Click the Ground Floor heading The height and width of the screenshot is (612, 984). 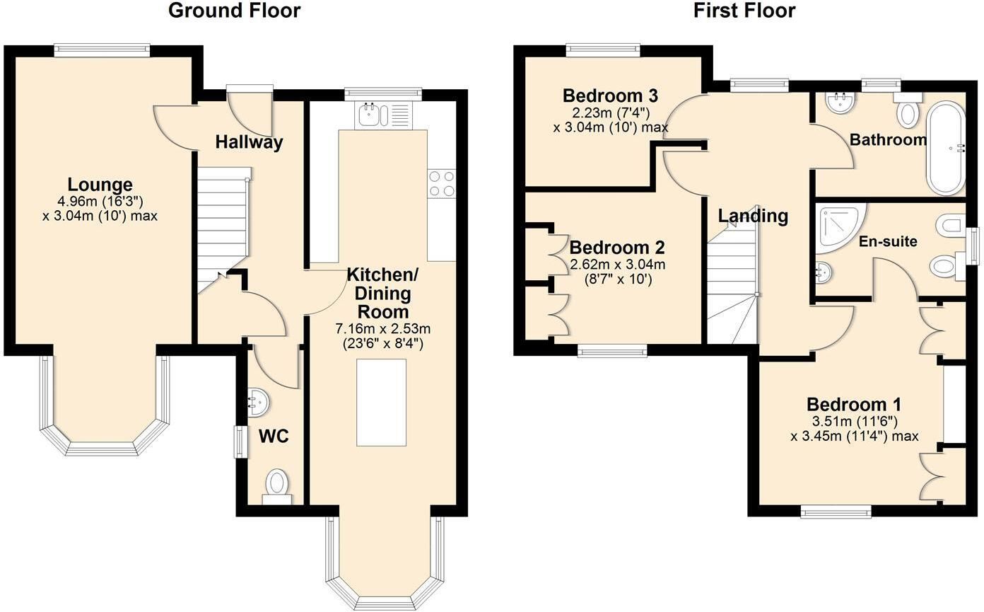coord(234,11)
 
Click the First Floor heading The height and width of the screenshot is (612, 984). coord(744,11)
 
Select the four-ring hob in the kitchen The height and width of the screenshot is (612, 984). coord(442,183)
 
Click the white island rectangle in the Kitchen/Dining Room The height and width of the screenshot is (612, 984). coord(381,403)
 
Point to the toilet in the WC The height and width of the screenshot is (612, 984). coord(277,487)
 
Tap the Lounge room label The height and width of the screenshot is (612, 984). coord(100,185)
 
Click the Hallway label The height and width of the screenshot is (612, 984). coord(249,142)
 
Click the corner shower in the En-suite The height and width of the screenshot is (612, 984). coord(840,229)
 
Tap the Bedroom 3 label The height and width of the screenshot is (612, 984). coord(610,96)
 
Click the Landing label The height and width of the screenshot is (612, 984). coord(753,216)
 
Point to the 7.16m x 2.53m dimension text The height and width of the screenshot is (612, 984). coord(383,328)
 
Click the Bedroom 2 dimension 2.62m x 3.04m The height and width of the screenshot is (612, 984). coord(617,265)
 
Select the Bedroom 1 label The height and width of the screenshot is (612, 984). coord(854,405)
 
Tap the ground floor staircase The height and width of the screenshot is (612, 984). coord(223,229)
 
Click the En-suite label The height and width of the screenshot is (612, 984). coord(888,241)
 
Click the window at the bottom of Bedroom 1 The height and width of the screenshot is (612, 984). coord(836,512)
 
